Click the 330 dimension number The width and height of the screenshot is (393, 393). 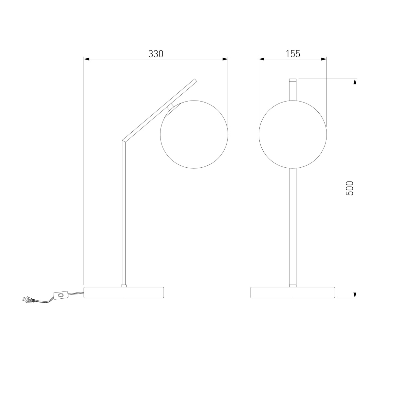(156, 54)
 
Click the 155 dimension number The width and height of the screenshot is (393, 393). (293, 54)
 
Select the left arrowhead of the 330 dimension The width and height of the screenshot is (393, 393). (87, 59)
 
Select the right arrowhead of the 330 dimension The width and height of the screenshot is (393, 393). (225, 59)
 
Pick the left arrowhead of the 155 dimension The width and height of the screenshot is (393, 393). (262, 59)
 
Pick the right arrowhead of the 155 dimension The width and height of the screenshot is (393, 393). (324, 59)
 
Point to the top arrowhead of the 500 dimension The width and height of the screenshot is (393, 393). (355, 82)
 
